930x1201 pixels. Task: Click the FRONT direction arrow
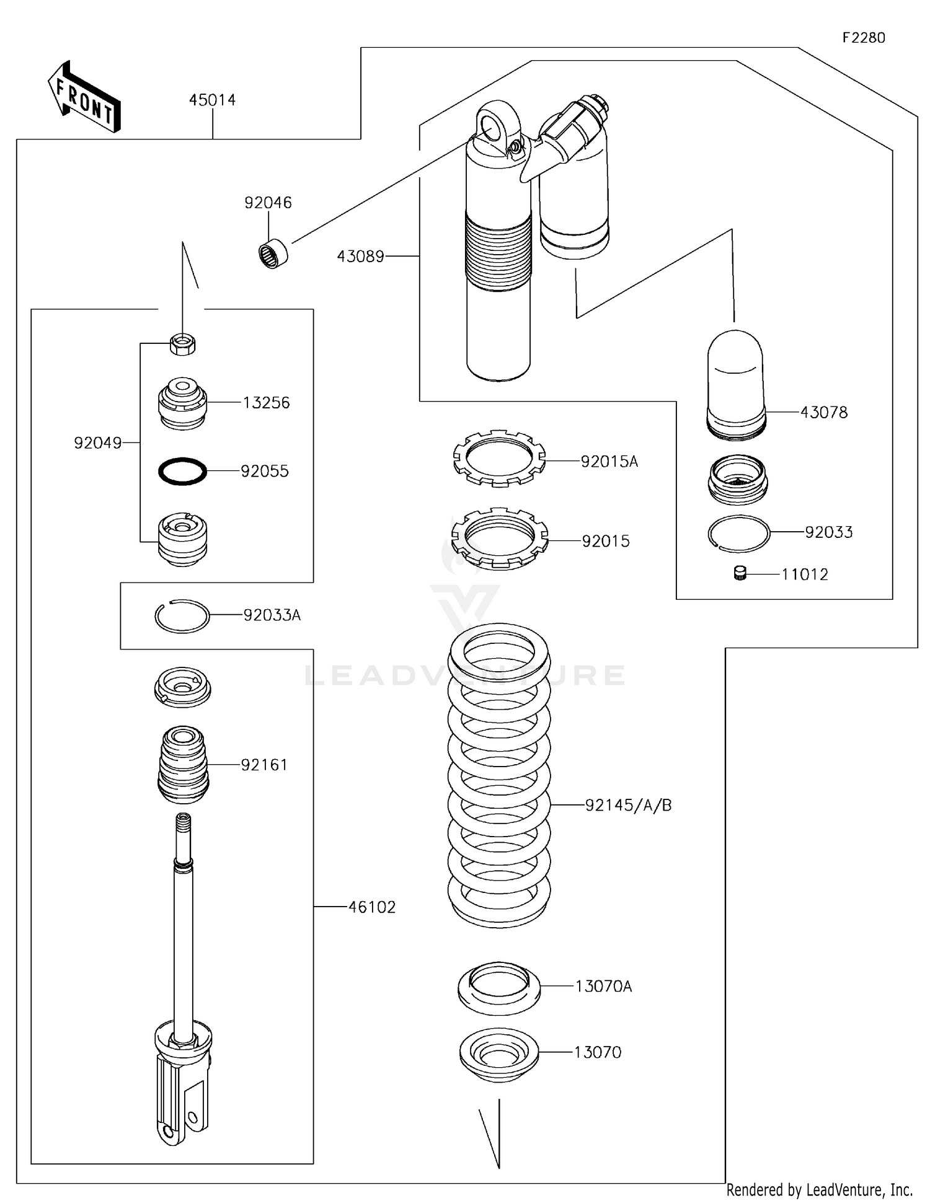click(84, 97)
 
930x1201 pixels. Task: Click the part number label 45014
click(212, 100)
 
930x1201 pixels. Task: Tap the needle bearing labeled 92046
click(273, 254)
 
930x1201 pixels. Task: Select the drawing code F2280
click(863, 38)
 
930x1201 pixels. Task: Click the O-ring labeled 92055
click(182, 472)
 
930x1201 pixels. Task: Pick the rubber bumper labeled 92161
click(182, 765)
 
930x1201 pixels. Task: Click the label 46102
click(371, 907)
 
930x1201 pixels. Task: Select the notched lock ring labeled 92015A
click(499, 459)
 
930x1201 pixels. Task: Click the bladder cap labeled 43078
click(736, 384)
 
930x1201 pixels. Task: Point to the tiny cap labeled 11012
click(739, 574)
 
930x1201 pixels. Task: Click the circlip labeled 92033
click(738, 533)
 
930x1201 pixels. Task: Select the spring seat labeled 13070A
click(499, 988)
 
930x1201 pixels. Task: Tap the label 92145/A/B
click(628, 805)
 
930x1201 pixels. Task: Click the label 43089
click(360, 256)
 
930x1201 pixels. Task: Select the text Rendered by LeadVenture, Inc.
click(819, 1189)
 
